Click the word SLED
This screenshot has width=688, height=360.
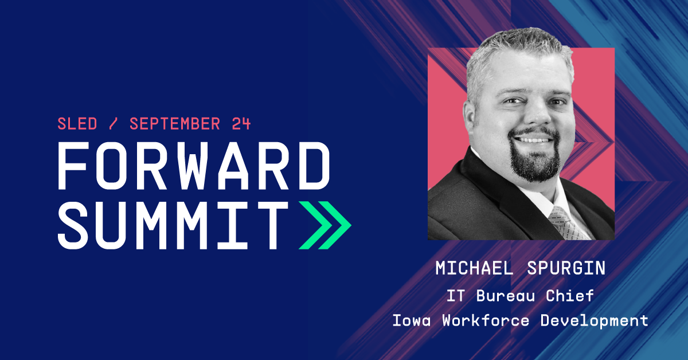pos(77,124)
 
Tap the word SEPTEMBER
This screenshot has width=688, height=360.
pos(175,124)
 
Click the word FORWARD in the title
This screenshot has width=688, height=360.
pos(194,166)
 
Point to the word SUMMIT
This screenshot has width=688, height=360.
pos(173,225)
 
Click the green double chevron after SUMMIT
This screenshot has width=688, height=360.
pos(325,225)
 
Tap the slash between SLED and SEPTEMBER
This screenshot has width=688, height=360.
pos(113,124)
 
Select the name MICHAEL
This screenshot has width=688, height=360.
pos(474,268)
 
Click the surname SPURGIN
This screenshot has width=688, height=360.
pos(566,268)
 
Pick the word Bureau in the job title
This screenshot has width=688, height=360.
pos(506,296)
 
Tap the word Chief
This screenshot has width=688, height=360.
pos(570,295)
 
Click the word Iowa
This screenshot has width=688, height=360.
pos(412,320)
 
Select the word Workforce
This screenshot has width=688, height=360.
pos(486,320)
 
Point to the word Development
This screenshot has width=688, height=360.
pos(595,321)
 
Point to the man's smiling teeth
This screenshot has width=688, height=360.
pos(534,140)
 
